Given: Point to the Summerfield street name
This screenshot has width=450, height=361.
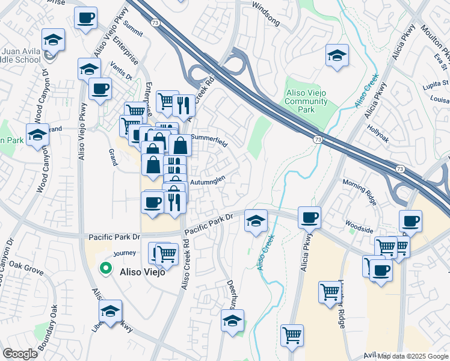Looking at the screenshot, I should click(x=209, y=138).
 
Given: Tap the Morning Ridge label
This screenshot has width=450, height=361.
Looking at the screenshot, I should click(x=359, y=183).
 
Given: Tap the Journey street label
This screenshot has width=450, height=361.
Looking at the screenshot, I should click(x=125, y=253).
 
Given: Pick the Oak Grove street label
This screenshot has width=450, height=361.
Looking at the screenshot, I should click(x=27, y=268).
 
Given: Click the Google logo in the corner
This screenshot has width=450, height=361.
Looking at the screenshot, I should click(x=20, y=354).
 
